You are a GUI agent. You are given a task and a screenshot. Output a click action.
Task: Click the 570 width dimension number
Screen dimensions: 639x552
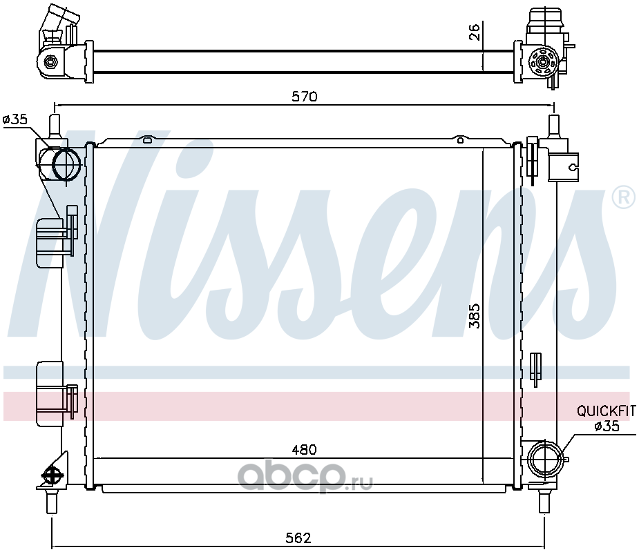(x=304, y=97)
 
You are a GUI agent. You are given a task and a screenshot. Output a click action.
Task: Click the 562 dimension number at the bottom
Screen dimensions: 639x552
(x=298, y=538)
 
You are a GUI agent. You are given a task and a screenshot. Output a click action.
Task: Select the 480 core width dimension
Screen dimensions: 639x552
(x=304, y=450)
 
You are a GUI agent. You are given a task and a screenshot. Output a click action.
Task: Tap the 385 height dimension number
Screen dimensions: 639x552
(x=475, y=315)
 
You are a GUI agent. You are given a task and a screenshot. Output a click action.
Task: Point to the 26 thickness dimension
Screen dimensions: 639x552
(x=475, y=31)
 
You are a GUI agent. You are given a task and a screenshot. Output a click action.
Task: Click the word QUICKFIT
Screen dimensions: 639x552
(x=606, y=411)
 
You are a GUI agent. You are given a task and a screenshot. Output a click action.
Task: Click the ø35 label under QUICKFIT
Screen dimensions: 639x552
(x=607, y=426)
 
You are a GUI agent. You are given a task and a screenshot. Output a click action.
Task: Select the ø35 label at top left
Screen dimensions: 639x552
(x=15, y=119)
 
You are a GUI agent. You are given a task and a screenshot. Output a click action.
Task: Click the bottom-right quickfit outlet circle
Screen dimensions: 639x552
(x=545, y=458)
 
